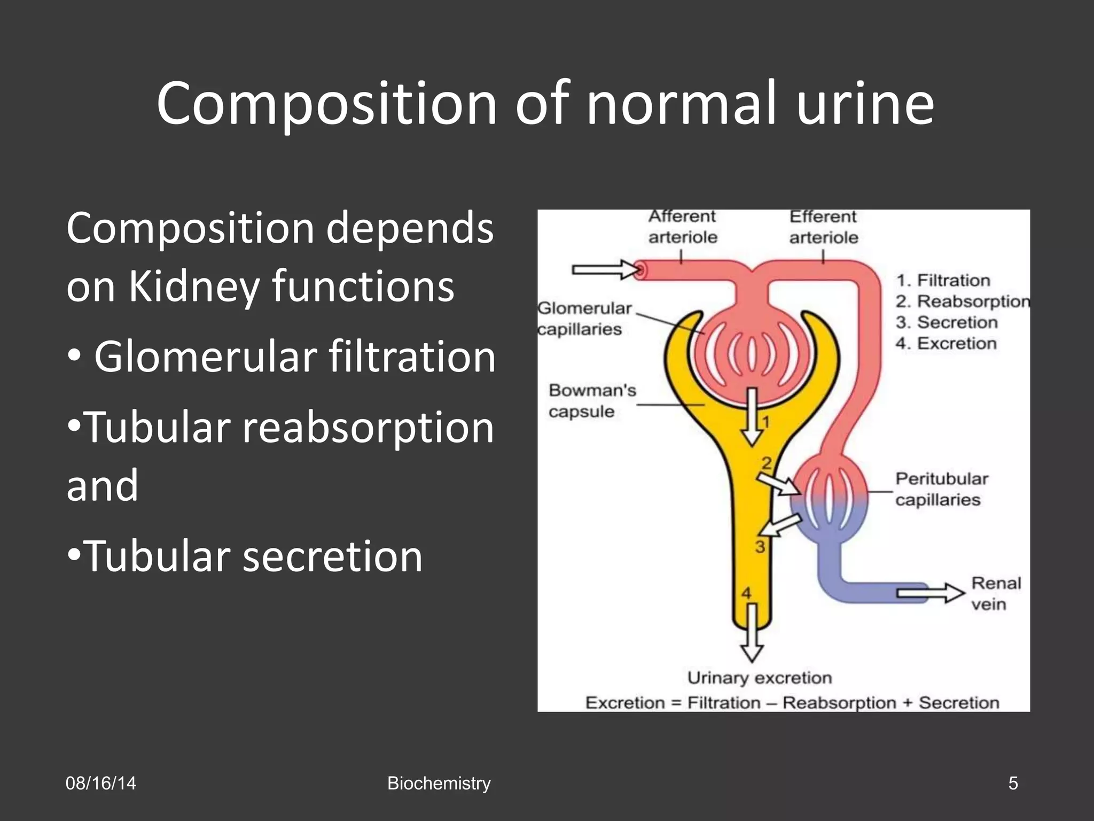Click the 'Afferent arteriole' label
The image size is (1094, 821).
(x=682, y=227)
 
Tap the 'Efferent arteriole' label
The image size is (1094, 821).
(x=823, y=227)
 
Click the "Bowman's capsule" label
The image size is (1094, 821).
(x=592, y=401)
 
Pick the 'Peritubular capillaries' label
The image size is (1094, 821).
(x=941, y=489)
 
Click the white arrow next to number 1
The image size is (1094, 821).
(x=752, y=416)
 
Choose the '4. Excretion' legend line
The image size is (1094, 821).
(x=946, y=343)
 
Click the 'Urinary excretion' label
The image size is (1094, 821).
(x=759, y=678)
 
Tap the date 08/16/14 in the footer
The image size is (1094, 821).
(x=100, y=784)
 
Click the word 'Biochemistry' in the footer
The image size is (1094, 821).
(x=439, y=784)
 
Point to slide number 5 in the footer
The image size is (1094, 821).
(x=1013, y=784)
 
